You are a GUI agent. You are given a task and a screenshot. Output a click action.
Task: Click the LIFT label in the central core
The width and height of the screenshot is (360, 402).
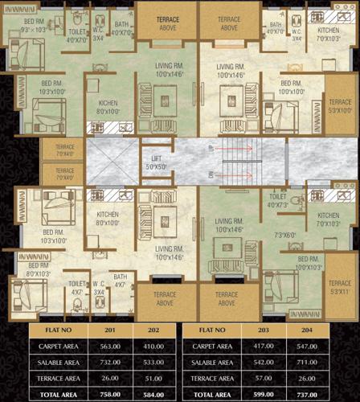(x=154, y=161)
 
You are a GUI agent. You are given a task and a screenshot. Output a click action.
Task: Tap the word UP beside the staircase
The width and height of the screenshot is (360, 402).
(x=211, y=149)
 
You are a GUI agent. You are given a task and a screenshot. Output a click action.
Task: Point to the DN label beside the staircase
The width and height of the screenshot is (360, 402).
(x=211, y=174)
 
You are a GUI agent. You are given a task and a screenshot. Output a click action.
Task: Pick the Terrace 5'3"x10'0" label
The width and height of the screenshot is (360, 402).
(x=340, y=107)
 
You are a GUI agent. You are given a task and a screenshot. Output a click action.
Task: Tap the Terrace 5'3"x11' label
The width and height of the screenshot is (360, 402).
(x=340, y=288)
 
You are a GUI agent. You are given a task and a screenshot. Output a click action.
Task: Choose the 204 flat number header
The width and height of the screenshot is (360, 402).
(x=319, y=330)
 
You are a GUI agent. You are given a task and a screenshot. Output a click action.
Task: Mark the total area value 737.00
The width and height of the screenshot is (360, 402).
(x=319, y=395)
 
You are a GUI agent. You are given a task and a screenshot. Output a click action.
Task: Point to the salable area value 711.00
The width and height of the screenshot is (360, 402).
(x=319, y=363)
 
